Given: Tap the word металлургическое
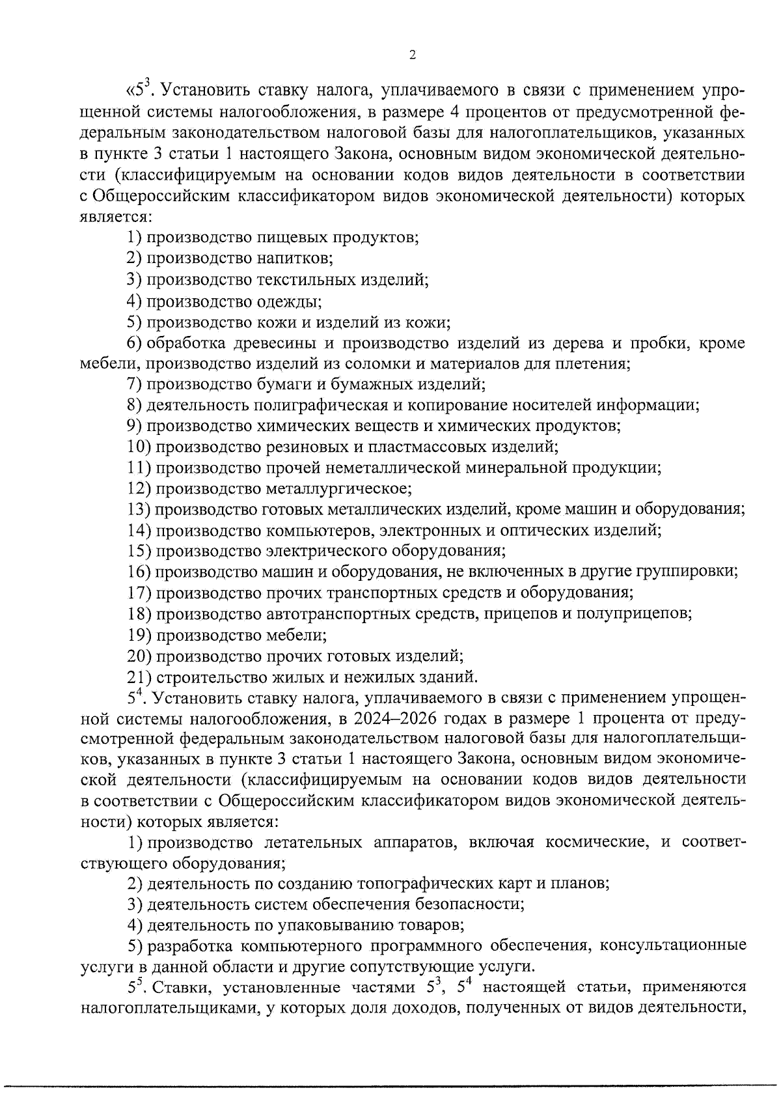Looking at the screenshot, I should (338, 488).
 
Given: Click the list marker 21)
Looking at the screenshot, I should (139, 676).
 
